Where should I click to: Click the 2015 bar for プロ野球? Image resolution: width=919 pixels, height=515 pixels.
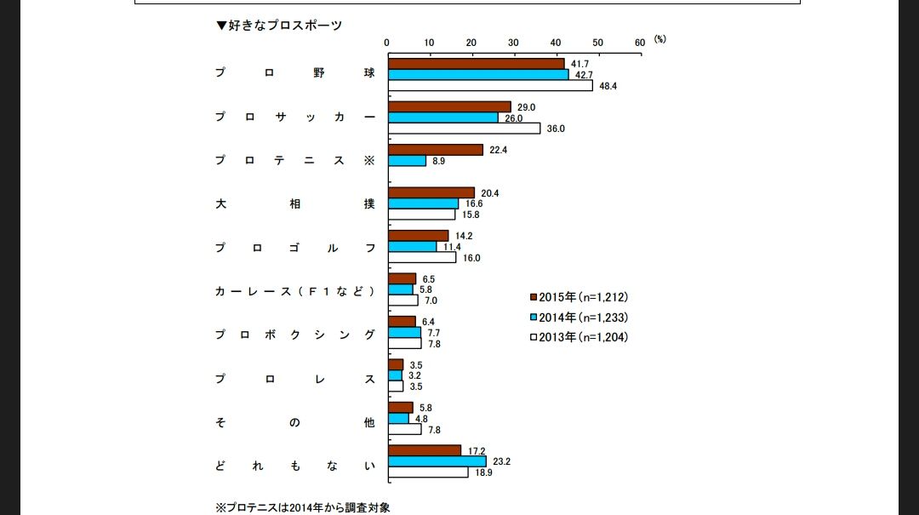pos(476,63)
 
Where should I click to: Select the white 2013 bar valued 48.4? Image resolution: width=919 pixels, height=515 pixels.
pos(490,85)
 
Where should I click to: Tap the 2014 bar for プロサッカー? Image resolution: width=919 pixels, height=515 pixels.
pos(442,117)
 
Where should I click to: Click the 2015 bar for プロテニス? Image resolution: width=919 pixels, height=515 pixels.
pos(435,150)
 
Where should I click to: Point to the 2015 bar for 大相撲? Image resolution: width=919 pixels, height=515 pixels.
pos(431,192)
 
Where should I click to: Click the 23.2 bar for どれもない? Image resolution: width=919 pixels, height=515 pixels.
pos(437,461)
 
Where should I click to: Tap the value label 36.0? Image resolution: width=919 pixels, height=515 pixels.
pos(555,129)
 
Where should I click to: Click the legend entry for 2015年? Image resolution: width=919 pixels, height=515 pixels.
pos(579,297)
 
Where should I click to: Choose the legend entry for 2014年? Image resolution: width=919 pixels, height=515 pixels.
pos(579,317)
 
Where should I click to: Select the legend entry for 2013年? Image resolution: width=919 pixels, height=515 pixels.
pos(579,336)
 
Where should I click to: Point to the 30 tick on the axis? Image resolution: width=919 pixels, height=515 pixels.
pos(513,42)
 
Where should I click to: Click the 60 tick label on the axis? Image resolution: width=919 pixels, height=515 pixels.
pos(640,42)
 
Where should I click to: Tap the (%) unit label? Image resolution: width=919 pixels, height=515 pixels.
pos(660,39)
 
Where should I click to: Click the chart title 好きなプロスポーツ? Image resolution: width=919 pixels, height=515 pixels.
pos(280,26)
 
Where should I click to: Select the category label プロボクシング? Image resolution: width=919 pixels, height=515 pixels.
pos(294,335)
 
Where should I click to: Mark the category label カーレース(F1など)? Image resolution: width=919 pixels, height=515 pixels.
pos(294,291)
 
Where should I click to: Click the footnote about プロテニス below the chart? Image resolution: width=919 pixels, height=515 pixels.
pos(303,507)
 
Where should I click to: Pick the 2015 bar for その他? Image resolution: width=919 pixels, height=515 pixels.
pos(400,407)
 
